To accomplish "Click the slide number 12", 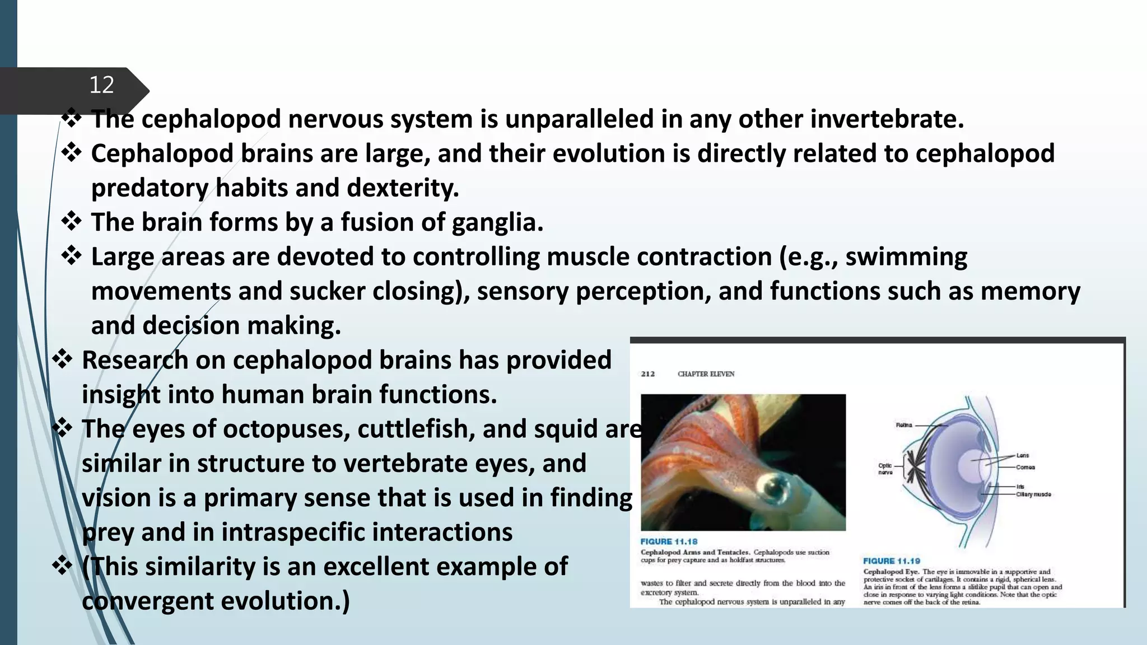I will (x=101, y=85).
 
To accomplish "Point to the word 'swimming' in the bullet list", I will (x=906, y=258).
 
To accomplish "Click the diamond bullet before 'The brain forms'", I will (x=72, y=222).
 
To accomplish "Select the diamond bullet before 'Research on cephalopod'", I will (x=62, y=359).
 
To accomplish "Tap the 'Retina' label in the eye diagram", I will (x=904, y=426).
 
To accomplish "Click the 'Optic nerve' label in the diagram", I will (x=885, y=469).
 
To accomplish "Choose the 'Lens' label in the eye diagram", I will (x=1023, y=456).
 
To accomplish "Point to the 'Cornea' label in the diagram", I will (x=1025, y=468).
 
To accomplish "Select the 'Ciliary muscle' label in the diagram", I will (x=1033, y=494).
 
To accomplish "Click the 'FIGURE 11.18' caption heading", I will (x=669, y=542).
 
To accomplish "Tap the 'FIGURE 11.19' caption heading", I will (x=891, y=561).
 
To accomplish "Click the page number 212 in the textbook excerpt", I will (x=648, y=374).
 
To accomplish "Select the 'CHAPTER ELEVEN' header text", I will (x=706, y=374).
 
